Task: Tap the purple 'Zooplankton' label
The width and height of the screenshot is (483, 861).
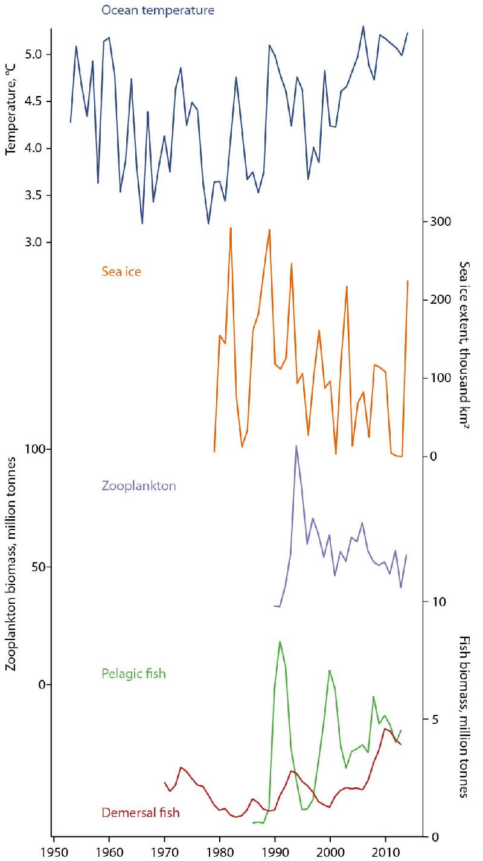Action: click(137, 485)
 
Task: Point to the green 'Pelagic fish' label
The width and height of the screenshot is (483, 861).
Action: click(133, 673)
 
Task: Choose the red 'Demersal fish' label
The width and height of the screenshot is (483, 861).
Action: click(140, 813)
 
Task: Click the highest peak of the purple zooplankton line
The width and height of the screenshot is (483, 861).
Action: click(296, 446)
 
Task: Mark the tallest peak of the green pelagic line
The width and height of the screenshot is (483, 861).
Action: click(280, 641)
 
